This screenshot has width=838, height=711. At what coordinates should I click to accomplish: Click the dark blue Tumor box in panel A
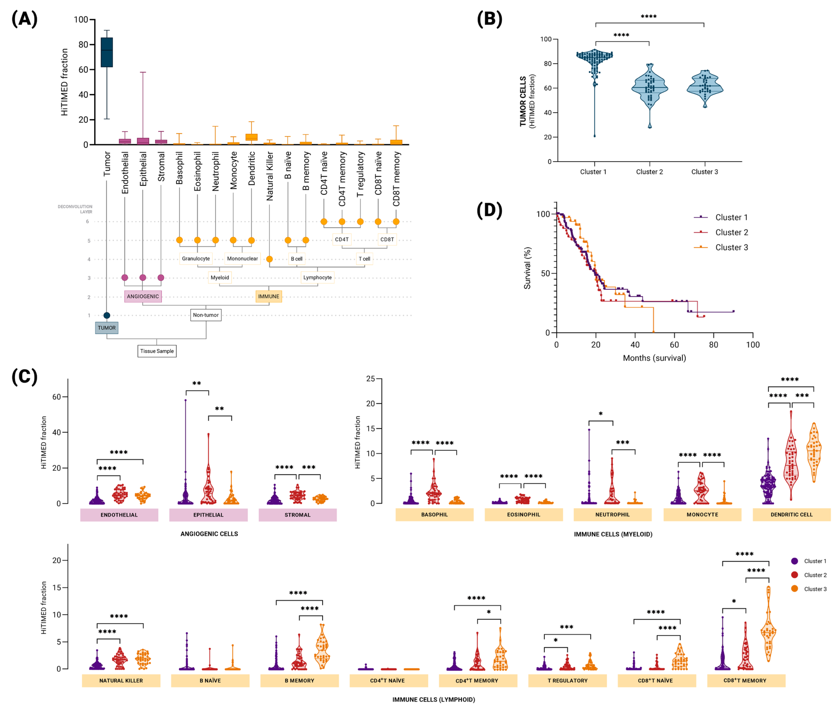[107, 52]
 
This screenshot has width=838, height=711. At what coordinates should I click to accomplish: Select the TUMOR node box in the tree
[107, 328]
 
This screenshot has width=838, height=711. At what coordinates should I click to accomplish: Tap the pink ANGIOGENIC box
[143, 296]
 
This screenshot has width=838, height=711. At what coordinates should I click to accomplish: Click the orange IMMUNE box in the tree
[269, 296]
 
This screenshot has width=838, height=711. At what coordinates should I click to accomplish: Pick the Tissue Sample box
[157, 351]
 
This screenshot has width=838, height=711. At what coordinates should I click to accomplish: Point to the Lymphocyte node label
[317, 277]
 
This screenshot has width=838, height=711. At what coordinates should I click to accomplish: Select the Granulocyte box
[196, 258]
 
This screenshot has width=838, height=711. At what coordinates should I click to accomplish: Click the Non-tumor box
[206, 315]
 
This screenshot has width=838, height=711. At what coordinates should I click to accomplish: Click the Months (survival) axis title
[654, 358]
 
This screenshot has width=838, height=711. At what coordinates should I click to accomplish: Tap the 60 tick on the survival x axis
[674, 345]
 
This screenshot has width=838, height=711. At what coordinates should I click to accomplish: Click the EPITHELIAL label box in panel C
[208, 515]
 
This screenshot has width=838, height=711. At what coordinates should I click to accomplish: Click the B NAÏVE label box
[210, 680]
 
